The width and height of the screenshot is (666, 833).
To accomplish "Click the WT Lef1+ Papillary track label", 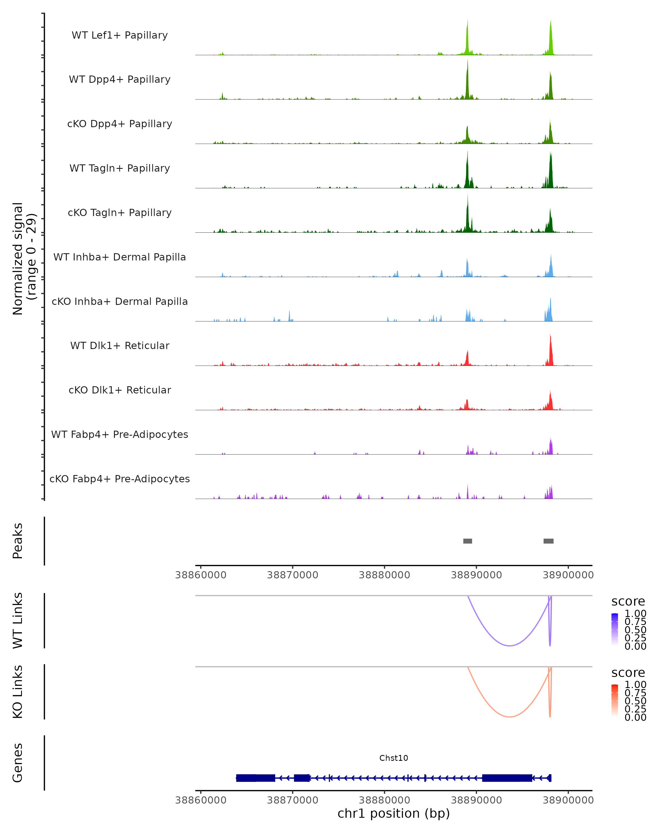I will point(120,35).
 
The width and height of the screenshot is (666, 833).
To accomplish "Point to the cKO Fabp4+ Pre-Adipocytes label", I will point(120,479).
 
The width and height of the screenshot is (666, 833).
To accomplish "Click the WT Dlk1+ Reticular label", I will point(120,345).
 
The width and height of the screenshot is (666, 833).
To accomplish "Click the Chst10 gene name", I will point(393,758).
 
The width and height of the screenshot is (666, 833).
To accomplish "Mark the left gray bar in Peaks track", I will point(468,541).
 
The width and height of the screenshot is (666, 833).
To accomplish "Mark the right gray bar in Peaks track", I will point(548,541).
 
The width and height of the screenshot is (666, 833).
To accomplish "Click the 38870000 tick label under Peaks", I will point(293,575).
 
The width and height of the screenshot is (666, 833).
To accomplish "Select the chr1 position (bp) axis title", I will point(393,813).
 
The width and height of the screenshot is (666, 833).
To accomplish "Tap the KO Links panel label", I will point(18,692).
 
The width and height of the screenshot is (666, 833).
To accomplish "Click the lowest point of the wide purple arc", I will point(510,646).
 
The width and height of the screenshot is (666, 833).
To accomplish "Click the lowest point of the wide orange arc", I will point(510,717).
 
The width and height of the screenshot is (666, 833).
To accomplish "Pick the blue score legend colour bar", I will point(615,629).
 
